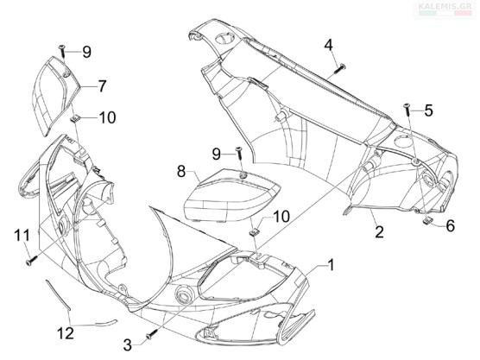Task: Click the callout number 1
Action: pyautogui.click(x=330, y=265)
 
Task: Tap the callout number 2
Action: pyautogui.click(x=379, y=232)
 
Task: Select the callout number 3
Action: pyautogui.click(x=128, y=345)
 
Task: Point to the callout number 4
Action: pyautogui.click(x=328, y=45)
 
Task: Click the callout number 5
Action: pyautogui.click(x=428, y=111)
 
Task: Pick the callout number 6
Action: pyautogui.click(x=451, y=226)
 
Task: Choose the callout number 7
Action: pyautogui.click(x=102, y=86)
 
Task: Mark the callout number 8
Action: pyautogui.click(x=181, y=172)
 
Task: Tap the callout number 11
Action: pyautogui.click(x=22, y=236)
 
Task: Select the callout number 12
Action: pyautogui.click(x=66, y=333)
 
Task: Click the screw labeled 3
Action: pyautogui.click(x=153, y=334)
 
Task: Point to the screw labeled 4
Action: pyautogui.click(x=339, y=68)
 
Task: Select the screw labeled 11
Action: pyautogui.click(x=32, y=260)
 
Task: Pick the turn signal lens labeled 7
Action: pyautogui.click(x=55, y=95)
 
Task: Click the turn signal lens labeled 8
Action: pyautogui.click(x=231, y=194)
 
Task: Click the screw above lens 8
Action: pyautogui.click(x=239, y=153)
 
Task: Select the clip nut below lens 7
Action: pyautogui.click(x=75, y=119)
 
